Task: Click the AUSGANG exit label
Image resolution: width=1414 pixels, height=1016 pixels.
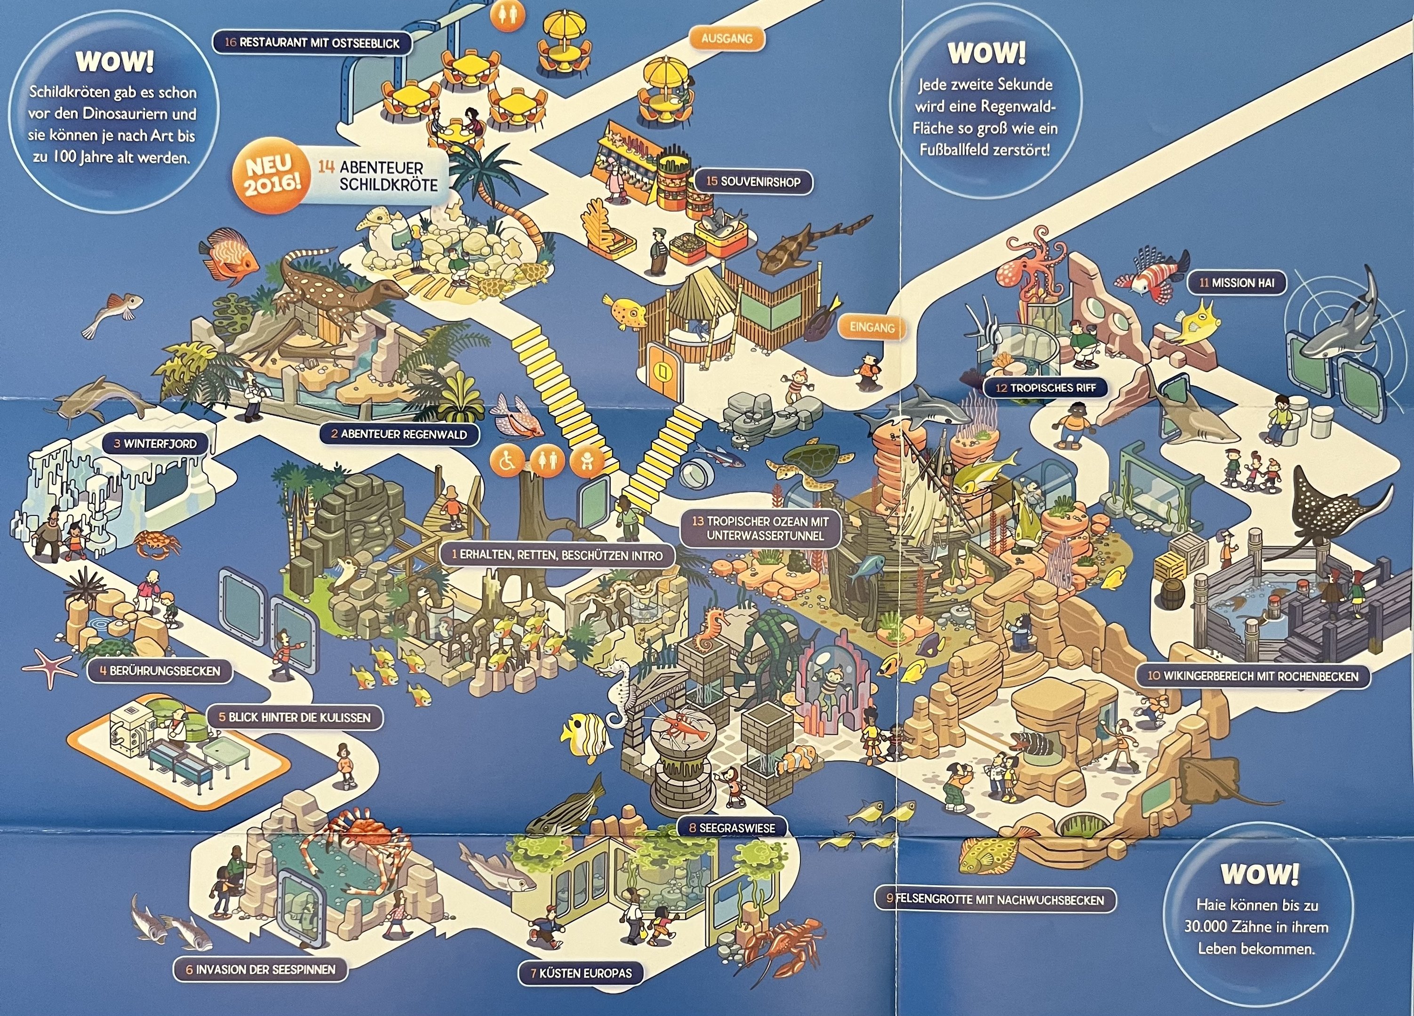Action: pyautogui.click(x=727, y=39)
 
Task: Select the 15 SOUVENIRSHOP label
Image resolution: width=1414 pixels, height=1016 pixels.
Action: pyautogui.click(x=752, y=182)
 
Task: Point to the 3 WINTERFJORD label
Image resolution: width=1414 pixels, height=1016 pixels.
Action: pyautogui.click(x=155, y=444)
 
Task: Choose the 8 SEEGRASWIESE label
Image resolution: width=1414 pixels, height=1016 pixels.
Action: pyautogui.click(x=732, y=828)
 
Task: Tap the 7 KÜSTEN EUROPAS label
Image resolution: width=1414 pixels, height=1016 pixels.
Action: pyautogui.click(x=581, y=973)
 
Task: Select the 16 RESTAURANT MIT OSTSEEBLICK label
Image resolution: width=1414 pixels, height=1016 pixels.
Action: pyautogui.click(x=311, y=43)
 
